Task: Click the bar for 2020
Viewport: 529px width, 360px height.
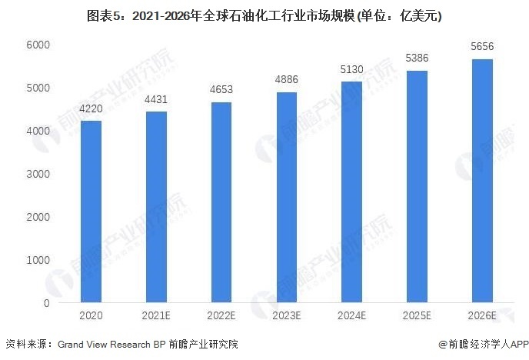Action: point(91,212)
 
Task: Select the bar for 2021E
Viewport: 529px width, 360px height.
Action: point(157,207)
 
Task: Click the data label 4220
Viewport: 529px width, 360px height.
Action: point(91,109)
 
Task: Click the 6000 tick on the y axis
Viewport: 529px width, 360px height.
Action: point(38,45)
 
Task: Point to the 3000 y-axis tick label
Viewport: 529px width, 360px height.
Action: point(38,174)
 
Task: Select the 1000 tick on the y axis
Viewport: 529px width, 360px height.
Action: point(38,260)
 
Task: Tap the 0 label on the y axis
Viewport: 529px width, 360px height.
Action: point(46,303)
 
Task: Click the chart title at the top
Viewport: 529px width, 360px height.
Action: point(264,15)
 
